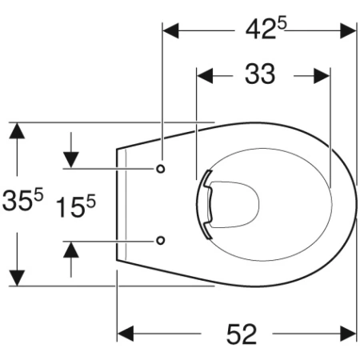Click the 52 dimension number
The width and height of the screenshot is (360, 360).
pos(242,334)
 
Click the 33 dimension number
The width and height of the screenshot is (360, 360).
pos(260,74)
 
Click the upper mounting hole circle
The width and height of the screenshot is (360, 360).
pos(161,169)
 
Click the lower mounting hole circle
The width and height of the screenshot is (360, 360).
pos(160,241)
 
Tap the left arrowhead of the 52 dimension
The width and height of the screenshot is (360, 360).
pos(126,334)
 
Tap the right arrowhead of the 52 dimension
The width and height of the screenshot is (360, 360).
pos(348,334)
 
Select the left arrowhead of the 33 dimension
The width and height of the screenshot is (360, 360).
pos(205,76)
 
